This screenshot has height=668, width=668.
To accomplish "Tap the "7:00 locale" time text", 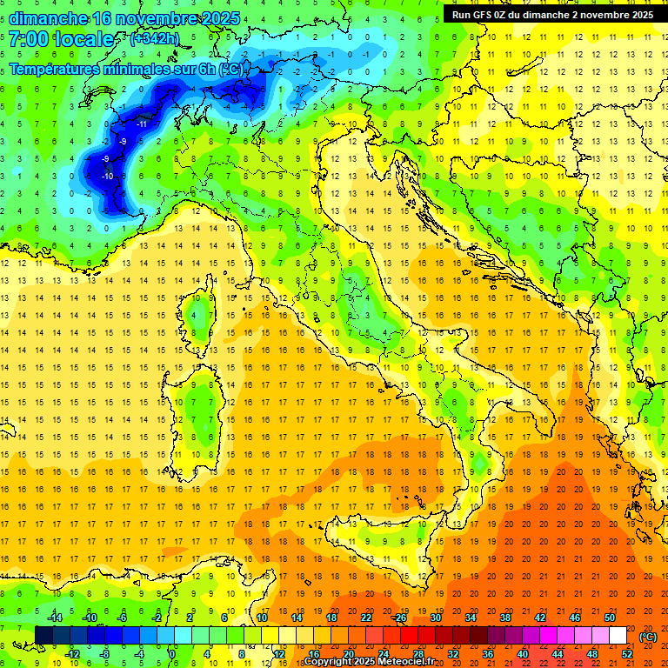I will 61,39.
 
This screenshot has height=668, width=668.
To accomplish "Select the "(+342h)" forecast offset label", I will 156,39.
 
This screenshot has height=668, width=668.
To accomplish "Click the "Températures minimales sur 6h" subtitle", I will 113,69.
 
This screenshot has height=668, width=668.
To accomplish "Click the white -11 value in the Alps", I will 141,124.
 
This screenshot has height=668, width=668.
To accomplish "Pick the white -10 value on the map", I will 108,177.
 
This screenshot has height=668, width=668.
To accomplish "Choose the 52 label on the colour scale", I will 627,654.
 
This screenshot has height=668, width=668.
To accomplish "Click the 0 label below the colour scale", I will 172,654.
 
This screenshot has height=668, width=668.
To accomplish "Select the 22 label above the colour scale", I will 367,618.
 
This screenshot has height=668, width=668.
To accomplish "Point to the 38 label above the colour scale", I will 505,618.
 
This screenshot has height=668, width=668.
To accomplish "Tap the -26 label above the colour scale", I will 400,618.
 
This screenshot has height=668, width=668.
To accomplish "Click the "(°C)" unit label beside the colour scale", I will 647,636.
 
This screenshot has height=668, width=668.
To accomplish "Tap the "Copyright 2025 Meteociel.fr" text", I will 375,662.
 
